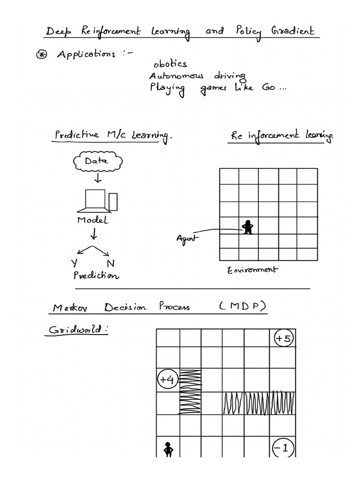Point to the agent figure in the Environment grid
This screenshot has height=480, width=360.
click(x=247, y=228)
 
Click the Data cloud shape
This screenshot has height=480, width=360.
click(x=97, y=162)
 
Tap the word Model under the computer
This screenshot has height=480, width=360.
click(x=92, y=220)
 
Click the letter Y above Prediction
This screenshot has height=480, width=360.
click(x=74, y=263)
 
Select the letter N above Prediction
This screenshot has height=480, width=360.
click(x=110, y=263)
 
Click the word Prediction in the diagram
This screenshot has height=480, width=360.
click(x=96, y=276)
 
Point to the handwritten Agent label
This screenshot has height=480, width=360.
click(x=187, y=238)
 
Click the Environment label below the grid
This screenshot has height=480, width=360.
click(x=252, y=270)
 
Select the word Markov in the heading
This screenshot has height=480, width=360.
click(x=71, y=308)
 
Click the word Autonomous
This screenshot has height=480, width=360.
click(x=176, y=76)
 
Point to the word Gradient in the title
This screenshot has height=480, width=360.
click(x=294, y=32)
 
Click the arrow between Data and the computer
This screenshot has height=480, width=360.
click(x=97, y=179)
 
